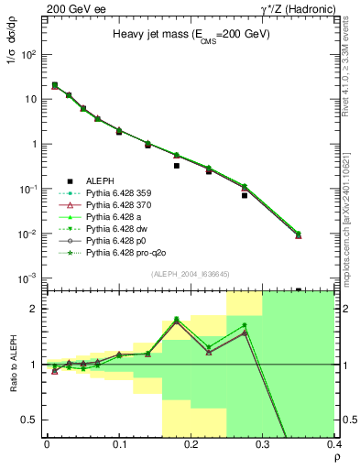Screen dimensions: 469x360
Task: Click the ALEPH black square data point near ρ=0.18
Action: [177, 166]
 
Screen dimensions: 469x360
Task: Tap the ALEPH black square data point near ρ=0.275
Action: [245, 195]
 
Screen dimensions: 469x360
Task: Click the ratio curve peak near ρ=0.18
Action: [177, 320]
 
